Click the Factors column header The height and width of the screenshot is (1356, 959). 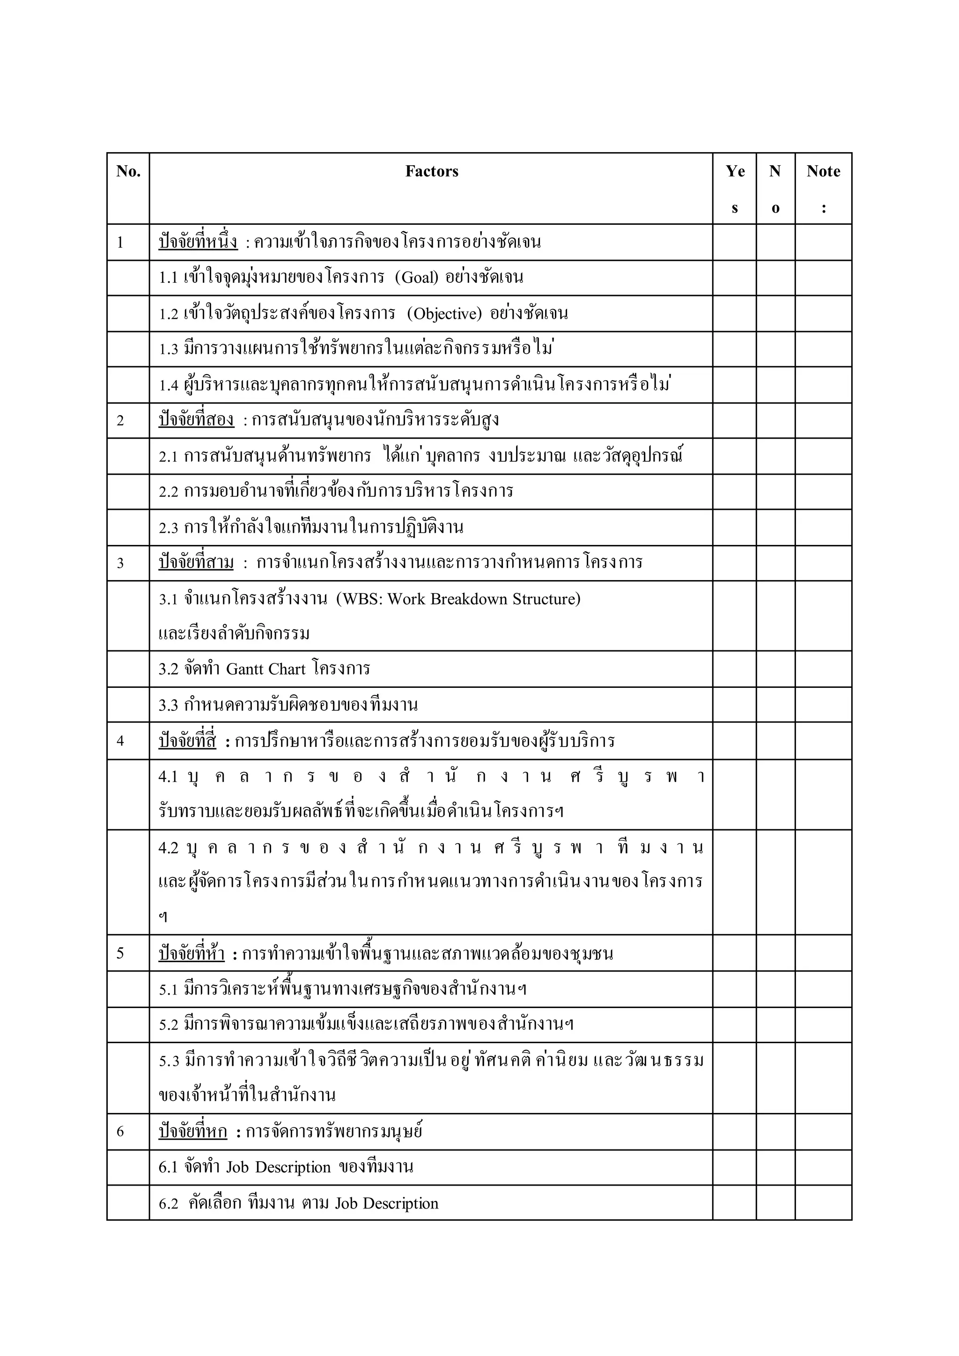point(431,171)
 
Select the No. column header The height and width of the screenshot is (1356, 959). point(128,171)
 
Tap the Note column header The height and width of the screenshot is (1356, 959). point(823,171)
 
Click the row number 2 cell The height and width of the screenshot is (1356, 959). point(120,421)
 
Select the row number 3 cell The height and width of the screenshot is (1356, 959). point(120,563)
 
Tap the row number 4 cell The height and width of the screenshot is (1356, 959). point(120,741)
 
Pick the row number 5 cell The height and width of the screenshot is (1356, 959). point(120,954)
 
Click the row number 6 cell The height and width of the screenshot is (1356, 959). point(120,1132)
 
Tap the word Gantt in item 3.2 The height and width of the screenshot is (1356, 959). point(245,669)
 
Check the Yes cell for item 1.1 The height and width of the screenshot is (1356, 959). point(734,278)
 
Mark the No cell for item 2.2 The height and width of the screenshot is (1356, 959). point(775,491)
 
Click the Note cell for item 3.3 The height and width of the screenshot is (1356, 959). point(823,705)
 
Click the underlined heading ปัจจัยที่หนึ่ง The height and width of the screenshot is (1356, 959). point(198,242)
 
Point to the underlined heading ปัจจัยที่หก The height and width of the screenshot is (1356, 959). point(192,1132)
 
